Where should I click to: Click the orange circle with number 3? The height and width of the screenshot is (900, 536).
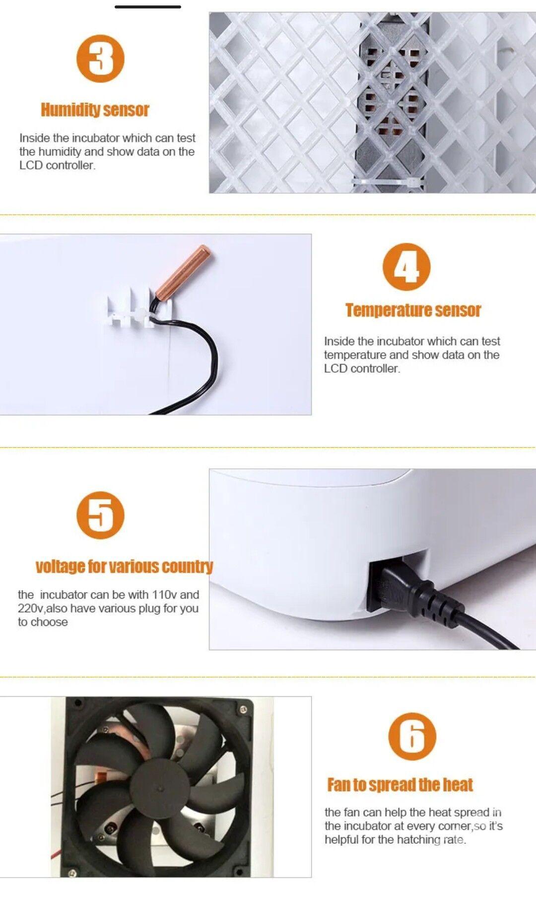click(100, 59)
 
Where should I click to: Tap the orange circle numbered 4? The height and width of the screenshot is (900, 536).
click(406, 267)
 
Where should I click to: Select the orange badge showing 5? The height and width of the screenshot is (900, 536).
click(100, 515)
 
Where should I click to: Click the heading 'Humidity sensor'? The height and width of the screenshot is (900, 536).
click(95, 110)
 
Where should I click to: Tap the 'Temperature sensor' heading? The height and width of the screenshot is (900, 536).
click(413, 310)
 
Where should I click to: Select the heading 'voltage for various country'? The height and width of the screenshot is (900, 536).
click(124, 567)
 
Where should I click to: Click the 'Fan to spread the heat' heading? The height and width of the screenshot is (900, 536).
click(400, 785)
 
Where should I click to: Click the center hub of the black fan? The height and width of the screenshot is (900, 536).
click(160, 788)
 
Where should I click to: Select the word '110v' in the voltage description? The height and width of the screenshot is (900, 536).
click(164, 595)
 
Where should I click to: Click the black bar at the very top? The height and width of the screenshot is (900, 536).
click(148, 7)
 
